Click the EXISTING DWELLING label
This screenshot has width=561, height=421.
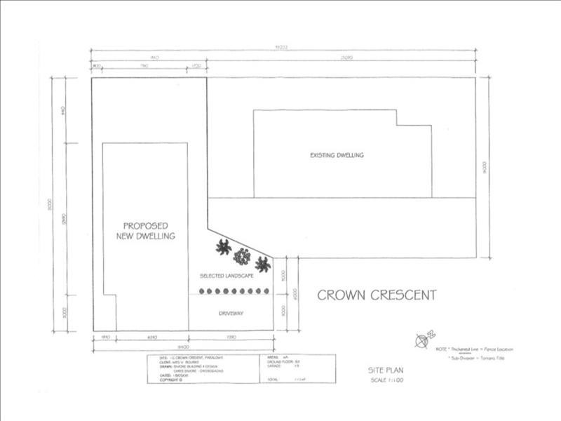337,155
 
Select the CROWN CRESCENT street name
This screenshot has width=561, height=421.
377,295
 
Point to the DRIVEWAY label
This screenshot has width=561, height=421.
231,313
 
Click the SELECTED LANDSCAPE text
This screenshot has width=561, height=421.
227,275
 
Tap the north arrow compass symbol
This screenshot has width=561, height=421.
422,340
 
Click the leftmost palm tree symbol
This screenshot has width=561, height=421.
223,246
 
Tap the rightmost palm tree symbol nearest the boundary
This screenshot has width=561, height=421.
262,265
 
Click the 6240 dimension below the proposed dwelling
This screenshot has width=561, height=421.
151,338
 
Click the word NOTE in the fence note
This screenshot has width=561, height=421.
442,348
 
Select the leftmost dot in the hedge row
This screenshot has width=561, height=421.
202,291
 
